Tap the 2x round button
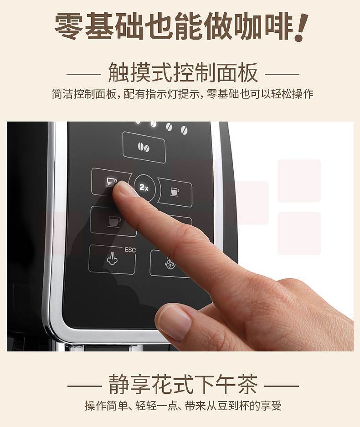coord(144,188)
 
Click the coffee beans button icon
coord(144,147)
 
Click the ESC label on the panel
coord(130,250)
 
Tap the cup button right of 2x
coord(175,191)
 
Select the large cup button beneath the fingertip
coord(113,221)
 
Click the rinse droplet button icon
coord(170,263)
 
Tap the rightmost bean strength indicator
coord(185,130)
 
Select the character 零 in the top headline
coord(68,26)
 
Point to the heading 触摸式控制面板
coord(183,73)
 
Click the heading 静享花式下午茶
coord(183,385)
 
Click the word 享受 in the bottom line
coord(271,406)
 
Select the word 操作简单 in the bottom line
coord(106,406)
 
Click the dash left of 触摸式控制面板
coord(84,74)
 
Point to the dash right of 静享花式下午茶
coord(282,386)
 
